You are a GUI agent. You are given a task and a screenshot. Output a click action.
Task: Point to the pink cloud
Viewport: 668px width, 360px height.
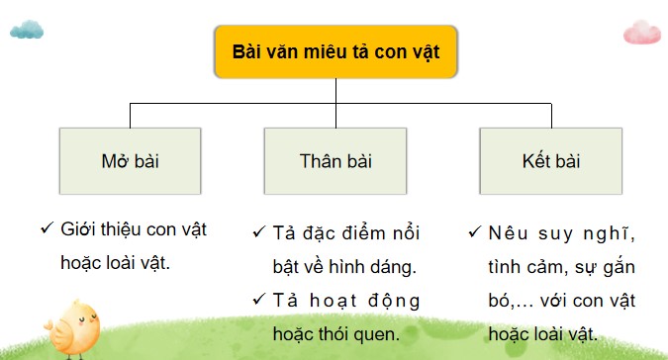tap(641, 32)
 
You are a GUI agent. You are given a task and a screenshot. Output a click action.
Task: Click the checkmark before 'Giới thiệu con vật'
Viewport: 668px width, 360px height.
tap(46, 229)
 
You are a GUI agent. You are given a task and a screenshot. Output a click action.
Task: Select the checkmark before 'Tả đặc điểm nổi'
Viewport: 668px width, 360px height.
tap(258, 234)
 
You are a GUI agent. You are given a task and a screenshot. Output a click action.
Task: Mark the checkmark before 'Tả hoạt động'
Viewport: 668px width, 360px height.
tap(258, 300)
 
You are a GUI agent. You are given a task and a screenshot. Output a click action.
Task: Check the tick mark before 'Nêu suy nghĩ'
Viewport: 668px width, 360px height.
tap(474, 234)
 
